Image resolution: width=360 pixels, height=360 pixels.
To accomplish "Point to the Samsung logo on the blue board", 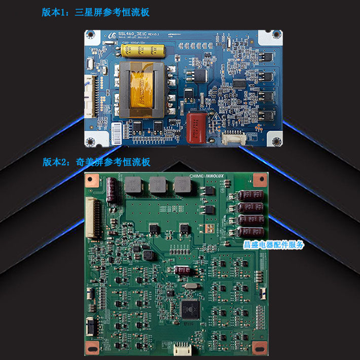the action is [111, 35].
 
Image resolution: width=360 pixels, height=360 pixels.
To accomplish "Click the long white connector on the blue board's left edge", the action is [91, 99].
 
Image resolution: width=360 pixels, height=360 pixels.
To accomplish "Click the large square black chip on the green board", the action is [191, 308].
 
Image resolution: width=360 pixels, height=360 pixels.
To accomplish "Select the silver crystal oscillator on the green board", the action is [189, 287].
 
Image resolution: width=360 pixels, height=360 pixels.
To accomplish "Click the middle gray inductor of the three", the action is [157, 186].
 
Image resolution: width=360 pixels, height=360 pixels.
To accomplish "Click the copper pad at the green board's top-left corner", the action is [92, 179].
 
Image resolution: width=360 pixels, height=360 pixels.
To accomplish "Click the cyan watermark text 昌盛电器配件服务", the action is [274, 244].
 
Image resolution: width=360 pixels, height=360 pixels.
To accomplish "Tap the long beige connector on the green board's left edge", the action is [92, 218].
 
